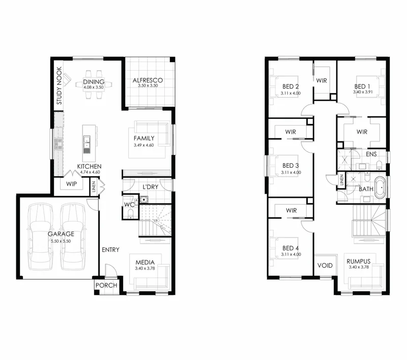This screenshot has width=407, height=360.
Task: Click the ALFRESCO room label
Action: coord(148,80)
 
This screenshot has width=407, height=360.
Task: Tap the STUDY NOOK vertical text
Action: coord(60,85)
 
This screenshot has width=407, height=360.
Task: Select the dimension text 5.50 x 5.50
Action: coord(61,241)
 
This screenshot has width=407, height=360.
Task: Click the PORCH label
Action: coord(106,285)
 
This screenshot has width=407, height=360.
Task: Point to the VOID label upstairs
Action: coord(325,265)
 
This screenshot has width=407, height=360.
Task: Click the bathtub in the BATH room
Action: coord(380,188)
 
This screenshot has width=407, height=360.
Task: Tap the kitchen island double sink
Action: coord(86,144)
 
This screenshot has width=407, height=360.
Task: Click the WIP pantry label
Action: coord(71,184)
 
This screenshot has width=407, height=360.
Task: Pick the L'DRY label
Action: coord(151,187)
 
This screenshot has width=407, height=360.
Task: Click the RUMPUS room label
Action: coord(359,261)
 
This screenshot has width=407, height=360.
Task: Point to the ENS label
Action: coord(371,154)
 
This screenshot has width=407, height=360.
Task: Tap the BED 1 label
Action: coord(362,86)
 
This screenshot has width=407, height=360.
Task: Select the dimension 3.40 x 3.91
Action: coord(363,92)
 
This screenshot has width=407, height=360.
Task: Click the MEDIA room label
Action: coord(145,262)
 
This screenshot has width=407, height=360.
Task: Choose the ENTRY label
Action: coord(110,250)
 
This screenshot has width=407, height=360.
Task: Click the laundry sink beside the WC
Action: coord(144,200)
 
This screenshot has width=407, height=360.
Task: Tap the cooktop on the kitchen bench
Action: coord(59,144)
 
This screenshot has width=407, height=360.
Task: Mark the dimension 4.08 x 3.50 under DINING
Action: coord(94,87)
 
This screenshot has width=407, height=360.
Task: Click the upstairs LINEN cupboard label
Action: coord(341,179)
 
